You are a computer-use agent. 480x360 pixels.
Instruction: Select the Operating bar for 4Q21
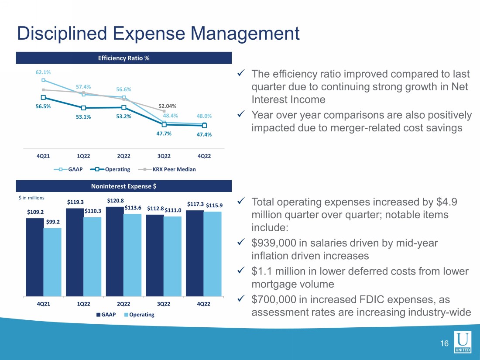click(52, 262)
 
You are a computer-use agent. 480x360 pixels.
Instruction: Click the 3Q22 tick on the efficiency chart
click(164, 156)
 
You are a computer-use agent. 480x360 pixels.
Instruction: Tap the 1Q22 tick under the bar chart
click(84, 304)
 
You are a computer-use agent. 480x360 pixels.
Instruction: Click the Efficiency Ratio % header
click(123, 58)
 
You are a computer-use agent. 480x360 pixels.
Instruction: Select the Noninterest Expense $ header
click(123, 186)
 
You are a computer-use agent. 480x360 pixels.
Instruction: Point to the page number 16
click(444, 344)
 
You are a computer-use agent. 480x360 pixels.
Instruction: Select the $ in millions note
click(31, 198)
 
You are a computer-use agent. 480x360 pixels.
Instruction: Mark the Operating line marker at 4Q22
click(204, 126)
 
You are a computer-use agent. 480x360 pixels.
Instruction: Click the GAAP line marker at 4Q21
click(43, 80)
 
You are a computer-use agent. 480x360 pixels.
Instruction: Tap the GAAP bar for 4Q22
click(195, 253)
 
